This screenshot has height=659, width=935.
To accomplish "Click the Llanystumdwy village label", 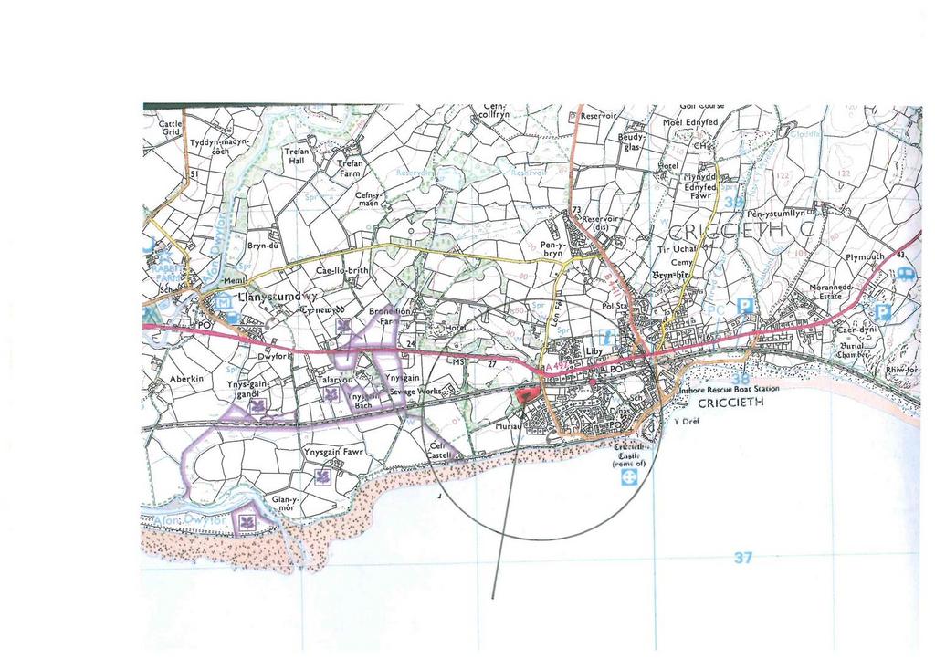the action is coord(276,298).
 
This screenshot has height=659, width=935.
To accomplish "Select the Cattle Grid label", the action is coord(171,128).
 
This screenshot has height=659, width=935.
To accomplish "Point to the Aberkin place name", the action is coord(186,378).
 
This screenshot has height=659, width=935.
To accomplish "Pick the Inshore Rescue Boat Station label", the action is coord(728,389).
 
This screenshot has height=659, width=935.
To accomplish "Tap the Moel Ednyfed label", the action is coord(690,122).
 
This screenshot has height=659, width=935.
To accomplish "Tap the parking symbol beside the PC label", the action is coord(745,306).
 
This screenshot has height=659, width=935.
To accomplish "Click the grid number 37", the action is coord(742,559).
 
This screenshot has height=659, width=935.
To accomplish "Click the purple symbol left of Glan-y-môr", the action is coord(245,521).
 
